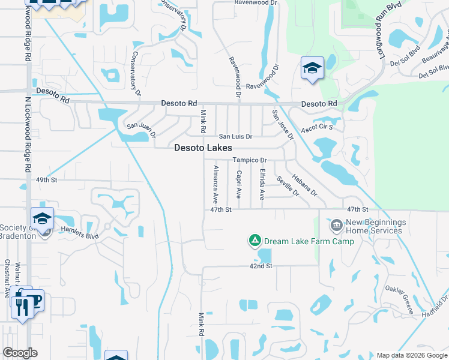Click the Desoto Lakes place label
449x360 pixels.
(x=203, y=148)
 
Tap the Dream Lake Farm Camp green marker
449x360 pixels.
(x=255, y=241)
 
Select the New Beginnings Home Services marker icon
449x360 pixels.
(x=336, y=226)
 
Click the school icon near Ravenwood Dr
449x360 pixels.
(x=312, y=69)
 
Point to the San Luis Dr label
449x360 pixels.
(x=235, y=137)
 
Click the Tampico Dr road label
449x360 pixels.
(x=249, y=160)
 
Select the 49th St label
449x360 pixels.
(x=46, y=179)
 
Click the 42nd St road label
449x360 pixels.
(x=261, y=265)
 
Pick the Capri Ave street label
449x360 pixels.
(x=238, y=184)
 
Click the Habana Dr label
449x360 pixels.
(x=304, y=185)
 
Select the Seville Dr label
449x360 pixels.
(x=288, y=185)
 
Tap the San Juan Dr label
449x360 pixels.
(x=140, y=130)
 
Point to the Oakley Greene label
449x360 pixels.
(x=400, y=299)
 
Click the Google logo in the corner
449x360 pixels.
(x=20, y=352)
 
